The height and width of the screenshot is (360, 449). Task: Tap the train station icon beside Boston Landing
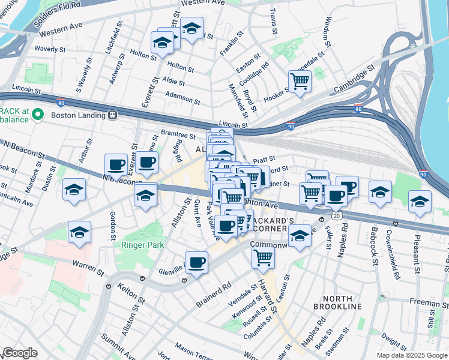coord(112,115)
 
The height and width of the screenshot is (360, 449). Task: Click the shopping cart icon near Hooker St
coord(300,80)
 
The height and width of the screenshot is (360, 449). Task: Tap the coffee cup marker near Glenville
coord(196,262)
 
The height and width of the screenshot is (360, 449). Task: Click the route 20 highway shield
coord(334,215)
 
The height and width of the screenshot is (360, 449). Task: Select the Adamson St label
coord(182,97)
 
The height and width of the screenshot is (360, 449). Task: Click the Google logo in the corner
coord(20,353)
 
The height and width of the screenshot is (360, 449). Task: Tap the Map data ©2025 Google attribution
coord(412,355)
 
